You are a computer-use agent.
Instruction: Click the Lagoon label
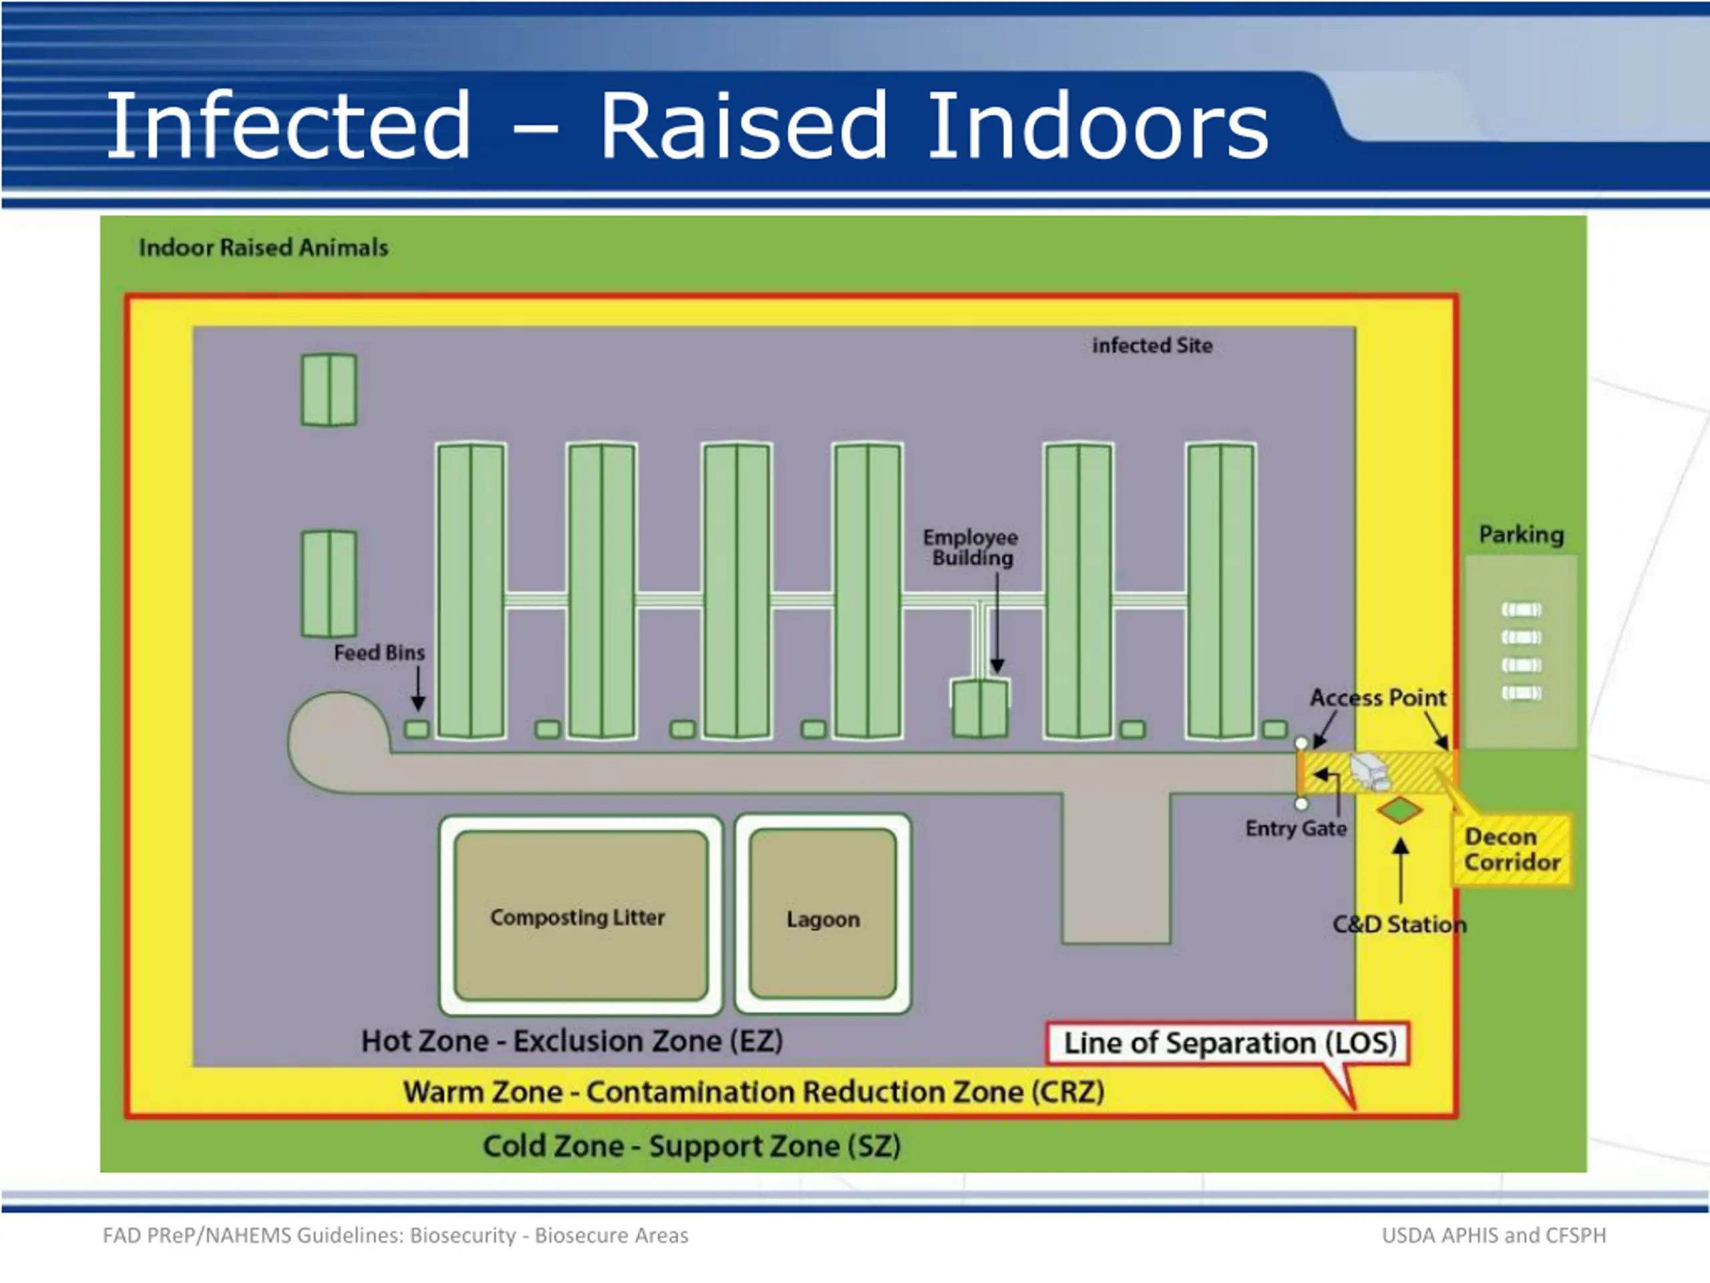point(822,919)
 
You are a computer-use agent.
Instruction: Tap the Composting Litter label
point(578,917)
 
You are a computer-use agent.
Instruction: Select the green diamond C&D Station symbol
point(1399,811)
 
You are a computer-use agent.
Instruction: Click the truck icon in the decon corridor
point(1370,771)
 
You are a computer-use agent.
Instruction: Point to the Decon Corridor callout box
point(1512,849)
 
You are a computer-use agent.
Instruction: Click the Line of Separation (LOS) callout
point(1229,1042)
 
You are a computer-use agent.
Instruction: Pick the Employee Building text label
point(971,547)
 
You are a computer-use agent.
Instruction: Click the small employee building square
point(979,708)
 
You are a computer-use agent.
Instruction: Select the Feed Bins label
point(379,653)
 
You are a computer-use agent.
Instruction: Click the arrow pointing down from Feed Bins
point(418,688)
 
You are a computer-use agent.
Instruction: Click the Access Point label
point(1377,698)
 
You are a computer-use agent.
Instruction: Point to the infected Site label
point(1152,345)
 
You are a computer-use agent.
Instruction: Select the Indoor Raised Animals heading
point(264,247)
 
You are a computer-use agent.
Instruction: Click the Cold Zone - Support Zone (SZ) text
point(692,1146)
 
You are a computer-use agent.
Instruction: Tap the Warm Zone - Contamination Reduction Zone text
point(753,1092)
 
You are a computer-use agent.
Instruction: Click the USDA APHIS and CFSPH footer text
point(1494,1235)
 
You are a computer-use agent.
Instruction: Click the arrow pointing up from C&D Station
point(1401,870)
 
